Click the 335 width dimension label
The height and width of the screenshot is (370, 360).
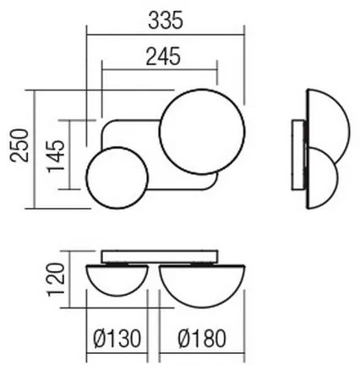pyautogui.click(x=166, y=17)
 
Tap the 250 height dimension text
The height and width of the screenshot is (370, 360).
pyautogui.click(x=15, y=148)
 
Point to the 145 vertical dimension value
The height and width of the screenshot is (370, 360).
pyautogui.click(x=57, y=158)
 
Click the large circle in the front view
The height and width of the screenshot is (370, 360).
pyautogui.click(x=203, y=133)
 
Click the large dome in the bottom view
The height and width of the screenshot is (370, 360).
pyautogui.click(x=203, y=283)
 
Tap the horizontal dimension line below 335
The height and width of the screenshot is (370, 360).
pyautogui.click(x=166, y=34)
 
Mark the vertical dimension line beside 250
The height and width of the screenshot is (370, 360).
pyautogui.click(x=31, y=148)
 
